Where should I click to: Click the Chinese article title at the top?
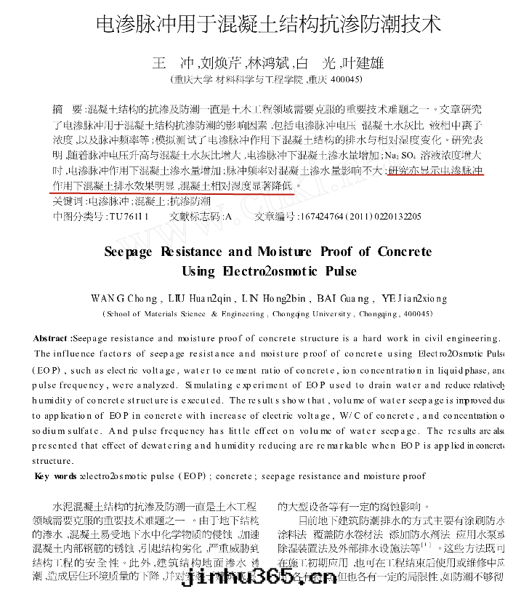pos(268,25)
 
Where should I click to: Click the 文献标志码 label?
pos(195,216)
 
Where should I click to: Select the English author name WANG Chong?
pos(124,298)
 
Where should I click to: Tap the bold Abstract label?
pos(52,338)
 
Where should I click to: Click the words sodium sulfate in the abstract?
pos(62,430)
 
